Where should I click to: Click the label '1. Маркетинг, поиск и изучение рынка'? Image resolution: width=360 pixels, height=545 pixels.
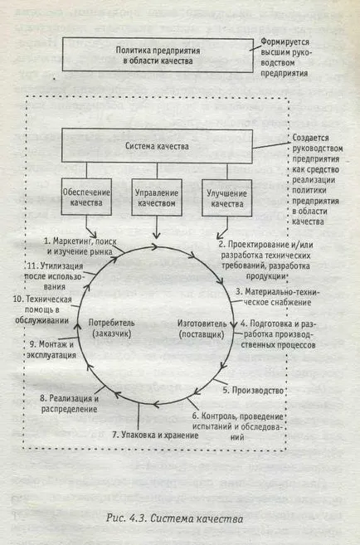tap(80, 246)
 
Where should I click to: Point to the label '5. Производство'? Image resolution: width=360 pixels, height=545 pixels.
tap(253, 391)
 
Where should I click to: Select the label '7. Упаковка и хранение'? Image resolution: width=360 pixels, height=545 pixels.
tap(155, 436)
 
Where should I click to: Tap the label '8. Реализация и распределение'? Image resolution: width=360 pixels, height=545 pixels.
tap(69, 403)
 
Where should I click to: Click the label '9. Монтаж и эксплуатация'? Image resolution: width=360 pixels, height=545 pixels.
tap(51, 350)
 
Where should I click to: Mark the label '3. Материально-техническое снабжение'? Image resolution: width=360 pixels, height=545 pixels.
tap(276, 297)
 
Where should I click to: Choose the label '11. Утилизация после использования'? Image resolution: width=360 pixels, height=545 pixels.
tap(55, 276)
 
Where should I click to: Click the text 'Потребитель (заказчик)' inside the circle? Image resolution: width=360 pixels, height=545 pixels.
tap(111, 328)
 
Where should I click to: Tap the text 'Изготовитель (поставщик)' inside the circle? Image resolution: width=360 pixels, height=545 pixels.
tap(202, 328)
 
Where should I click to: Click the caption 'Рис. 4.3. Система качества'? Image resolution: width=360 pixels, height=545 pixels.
tap(175, 518)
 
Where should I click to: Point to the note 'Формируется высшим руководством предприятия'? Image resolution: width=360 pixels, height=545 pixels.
tap(285, 57)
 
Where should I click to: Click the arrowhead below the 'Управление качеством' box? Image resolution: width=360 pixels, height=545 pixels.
tap(157, 236)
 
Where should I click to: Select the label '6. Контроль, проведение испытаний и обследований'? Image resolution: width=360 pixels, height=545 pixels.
tap(238, 426)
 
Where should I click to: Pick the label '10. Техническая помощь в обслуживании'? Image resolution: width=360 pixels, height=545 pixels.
tap(42, 309)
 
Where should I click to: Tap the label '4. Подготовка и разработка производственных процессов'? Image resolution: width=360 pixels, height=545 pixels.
tap(278, 334)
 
